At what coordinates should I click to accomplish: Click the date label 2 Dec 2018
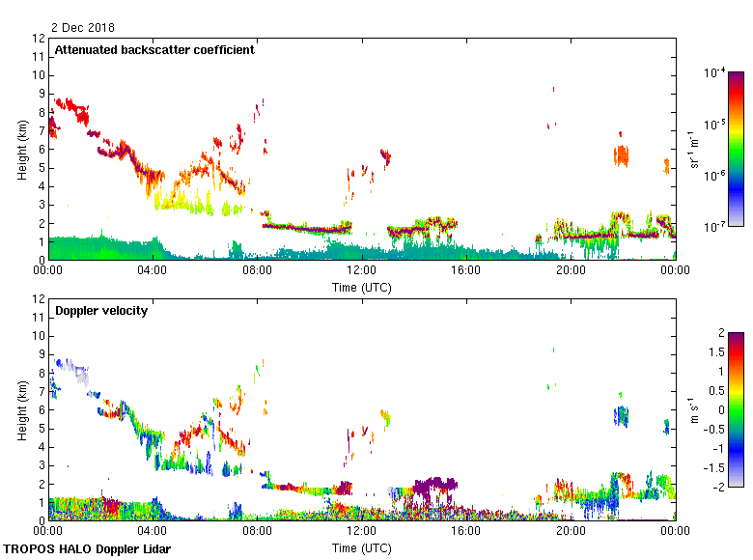[83, 27]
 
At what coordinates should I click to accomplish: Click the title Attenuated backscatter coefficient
[154, 49]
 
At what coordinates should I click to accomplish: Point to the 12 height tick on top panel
[39, 39]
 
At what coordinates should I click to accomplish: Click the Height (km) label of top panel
[21, 150]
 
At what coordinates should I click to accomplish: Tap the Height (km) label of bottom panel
[21, 410]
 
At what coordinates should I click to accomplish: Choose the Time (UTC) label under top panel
[362, 287]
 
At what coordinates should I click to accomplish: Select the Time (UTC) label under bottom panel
[362, 547]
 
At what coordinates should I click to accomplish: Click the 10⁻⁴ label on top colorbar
[715, 73]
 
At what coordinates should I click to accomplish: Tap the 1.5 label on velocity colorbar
[716, 352]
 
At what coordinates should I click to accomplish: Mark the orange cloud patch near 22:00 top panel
[621, 154]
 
